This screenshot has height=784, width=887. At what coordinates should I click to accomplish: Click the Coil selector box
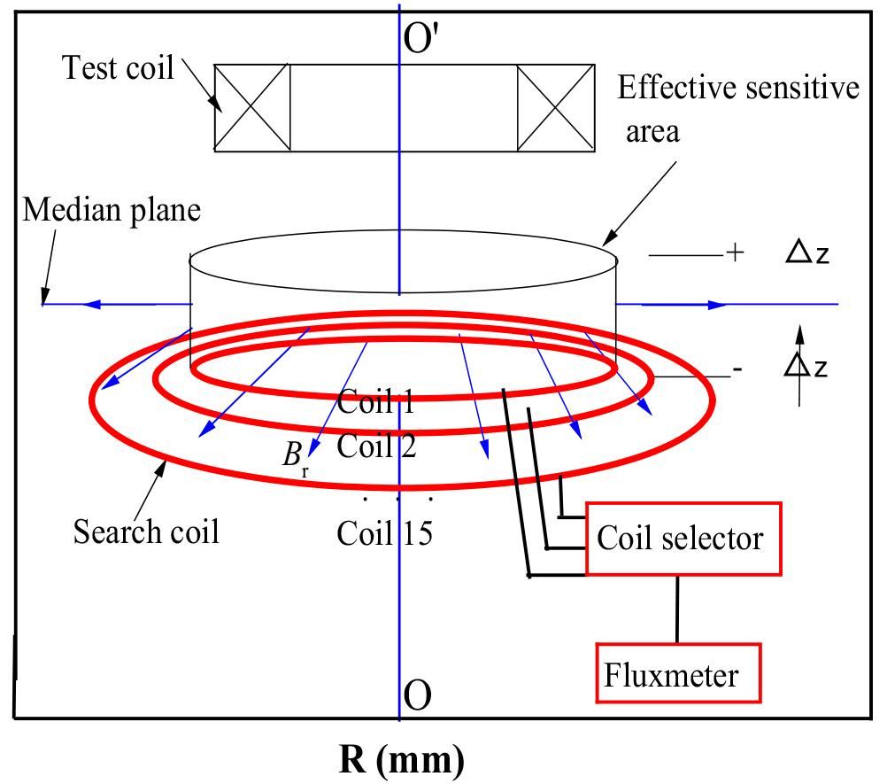[683, 539]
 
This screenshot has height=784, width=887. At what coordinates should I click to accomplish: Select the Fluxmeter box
[676, 676]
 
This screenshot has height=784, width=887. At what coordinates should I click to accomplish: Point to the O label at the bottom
[417, 696]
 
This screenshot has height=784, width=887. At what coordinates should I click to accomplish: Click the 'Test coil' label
[118, 68]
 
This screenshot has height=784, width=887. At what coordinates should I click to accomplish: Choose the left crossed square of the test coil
[252, 107]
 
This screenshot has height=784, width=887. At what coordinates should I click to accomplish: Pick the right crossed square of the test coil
[555, 107]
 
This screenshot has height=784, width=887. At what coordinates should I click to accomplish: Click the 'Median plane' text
[112, 210]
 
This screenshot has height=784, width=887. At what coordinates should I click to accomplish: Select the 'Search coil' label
[146, 532]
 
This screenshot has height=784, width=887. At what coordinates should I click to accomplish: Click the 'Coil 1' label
[376, 403]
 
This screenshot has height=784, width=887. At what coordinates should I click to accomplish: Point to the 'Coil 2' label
[376, 446]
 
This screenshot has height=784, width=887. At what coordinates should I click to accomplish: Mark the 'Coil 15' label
[384, 533]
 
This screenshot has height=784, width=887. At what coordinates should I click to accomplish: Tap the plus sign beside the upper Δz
[734, 254]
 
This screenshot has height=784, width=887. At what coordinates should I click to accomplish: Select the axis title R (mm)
[401, 760]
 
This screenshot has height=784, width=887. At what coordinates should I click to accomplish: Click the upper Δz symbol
[807, 254]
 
